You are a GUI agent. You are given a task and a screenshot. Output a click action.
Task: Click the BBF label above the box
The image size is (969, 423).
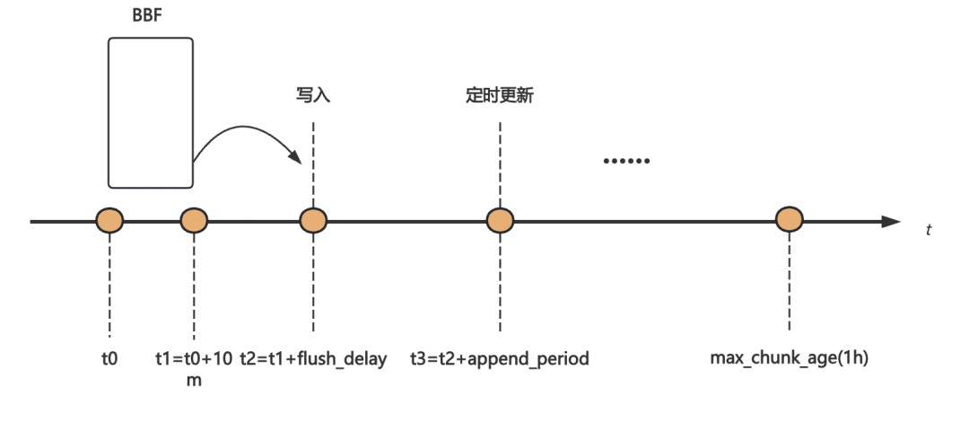[148, 15]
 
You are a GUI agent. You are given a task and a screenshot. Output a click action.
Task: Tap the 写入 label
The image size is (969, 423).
[313, 96]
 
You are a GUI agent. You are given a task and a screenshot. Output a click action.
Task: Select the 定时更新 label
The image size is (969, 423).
[500, 96]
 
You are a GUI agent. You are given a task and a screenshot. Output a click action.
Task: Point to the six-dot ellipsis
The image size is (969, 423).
[626, 161]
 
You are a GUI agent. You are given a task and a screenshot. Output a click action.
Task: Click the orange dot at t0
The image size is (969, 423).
[109, 220]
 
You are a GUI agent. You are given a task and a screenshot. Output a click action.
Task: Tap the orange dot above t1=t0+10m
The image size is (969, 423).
[194, 220]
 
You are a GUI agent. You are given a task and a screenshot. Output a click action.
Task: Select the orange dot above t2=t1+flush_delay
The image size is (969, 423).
[313, 220]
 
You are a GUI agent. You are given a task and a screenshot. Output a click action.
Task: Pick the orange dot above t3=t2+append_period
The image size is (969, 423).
[500, 220]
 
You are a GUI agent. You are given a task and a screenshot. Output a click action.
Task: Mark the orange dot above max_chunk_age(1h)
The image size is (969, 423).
[790, 219]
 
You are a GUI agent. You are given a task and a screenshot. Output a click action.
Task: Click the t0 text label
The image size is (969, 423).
[109, 358]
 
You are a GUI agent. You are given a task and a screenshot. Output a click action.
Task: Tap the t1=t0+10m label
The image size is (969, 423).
[194, 369]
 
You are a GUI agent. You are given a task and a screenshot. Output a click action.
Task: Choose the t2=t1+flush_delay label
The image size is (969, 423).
[313, 358]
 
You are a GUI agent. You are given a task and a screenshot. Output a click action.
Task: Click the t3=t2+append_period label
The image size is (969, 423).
[500, 358]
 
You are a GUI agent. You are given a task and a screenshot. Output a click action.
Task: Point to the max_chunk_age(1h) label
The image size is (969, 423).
[790, 358]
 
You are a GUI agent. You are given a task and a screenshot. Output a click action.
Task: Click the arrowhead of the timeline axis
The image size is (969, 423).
[891, 222]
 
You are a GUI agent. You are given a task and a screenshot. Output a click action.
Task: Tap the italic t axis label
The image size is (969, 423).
[929, 230]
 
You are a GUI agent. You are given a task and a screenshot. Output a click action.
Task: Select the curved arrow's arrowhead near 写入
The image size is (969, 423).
[295, 156]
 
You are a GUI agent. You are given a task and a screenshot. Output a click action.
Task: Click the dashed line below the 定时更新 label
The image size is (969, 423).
[500, 164]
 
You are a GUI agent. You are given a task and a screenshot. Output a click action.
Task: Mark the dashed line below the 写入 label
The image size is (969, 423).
[313, 164]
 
